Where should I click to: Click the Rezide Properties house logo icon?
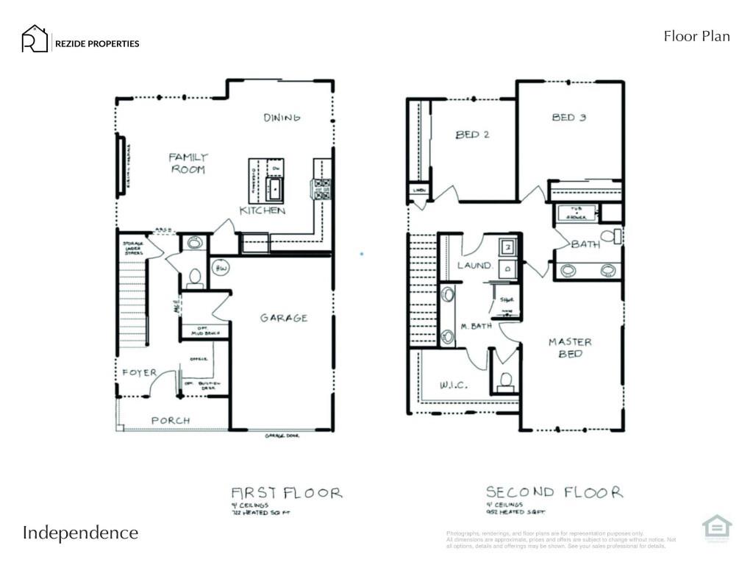34,39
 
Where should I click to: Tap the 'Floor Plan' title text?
696,36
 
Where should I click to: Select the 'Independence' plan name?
80,533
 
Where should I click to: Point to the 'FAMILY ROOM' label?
188,163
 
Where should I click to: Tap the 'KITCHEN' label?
262,210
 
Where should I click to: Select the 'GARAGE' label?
283,318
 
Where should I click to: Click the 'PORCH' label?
171,420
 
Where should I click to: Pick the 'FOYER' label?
140,372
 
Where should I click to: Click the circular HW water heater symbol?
221,268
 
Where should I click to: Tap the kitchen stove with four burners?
321,189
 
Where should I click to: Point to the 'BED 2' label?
472,135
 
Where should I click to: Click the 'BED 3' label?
568,117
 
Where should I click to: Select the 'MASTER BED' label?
570,347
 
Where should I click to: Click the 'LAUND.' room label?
474,265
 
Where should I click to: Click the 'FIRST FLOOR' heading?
286,492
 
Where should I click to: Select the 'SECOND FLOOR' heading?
554,492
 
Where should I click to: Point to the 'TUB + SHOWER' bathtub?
577,213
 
